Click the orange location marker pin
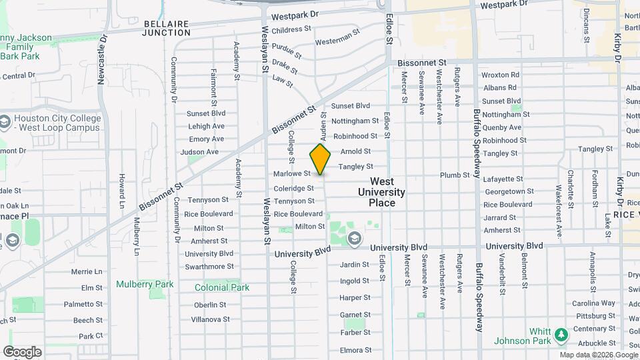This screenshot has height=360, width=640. tap(320, 159)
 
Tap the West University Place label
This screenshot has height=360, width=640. tap(381, 192)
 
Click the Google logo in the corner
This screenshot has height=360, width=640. tap(22, 351)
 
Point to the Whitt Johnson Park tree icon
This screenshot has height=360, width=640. tap(561, 333)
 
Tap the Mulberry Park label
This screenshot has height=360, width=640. tap(145, 284)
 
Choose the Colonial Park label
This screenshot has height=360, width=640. tap(222, 287)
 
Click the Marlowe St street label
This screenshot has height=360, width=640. tap(292, 174)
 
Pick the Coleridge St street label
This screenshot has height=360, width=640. tap(293, 188)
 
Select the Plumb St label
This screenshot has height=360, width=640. tap(455, 175)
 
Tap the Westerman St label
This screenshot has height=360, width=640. tap(337, 41)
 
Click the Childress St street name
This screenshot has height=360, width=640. tap(291, 29)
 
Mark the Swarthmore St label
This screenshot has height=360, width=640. tap(209, 266)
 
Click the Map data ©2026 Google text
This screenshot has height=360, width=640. tap(597, 355)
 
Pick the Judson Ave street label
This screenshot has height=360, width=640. tap(203, 152)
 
